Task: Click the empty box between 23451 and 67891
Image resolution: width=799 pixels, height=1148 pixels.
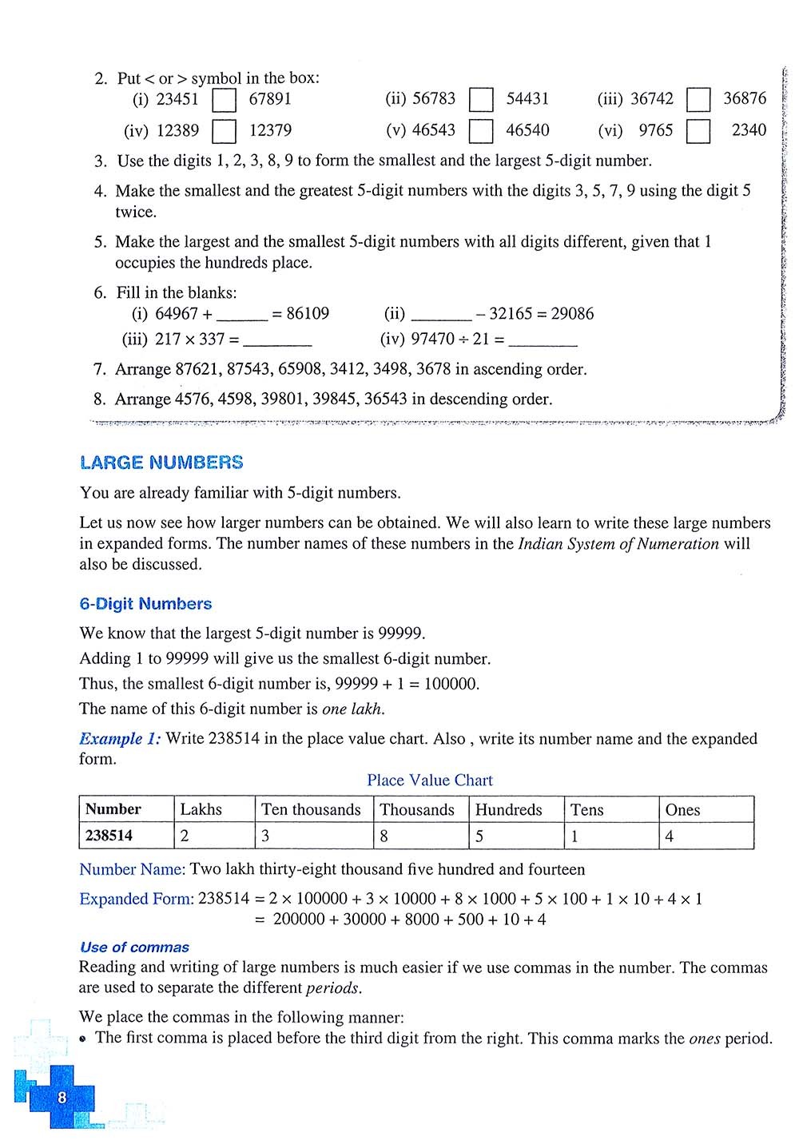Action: pos(225,100)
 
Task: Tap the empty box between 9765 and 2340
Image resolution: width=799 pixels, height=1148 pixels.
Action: pos(698,131)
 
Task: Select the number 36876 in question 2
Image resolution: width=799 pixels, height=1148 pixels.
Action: pos(745,98)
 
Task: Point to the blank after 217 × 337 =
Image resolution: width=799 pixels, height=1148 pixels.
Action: pos(276,340)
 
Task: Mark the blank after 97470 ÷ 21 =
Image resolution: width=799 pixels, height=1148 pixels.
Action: pos(543,340)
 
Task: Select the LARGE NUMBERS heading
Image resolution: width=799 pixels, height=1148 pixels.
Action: pos(161,463)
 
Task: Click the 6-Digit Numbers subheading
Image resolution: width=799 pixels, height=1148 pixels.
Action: pos(145,604)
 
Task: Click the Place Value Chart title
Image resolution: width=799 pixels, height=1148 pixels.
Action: pos(430,781)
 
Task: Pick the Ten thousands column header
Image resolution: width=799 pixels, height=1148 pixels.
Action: pos(311,809)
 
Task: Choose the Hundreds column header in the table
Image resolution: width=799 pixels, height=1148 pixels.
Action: pos(508,809)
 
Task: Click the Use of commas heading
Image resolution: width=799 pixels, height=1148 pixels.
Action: pos(134,947)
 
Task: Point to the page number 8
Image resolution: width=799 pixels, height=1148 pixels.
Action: pos(62,1098)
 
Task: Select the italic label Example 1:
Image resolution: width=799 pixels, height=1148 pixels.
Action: pos(120,739)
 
